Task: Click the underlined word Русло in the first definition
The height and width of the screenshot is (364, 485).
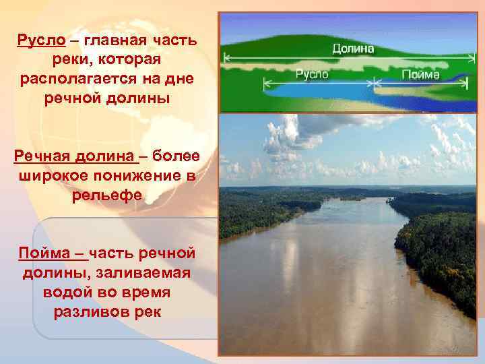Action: tap(41, 40)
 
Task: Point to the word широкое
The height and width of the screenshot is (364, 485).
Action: tap(52, 177)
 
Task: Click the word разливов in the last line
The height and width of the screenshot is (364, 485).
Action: tap(82, 313)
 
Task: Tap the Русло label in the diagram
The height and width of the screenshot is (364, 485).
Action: tap(312, 73)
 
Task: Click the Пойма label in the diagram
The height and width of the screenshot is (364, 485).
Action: tap(422, 73)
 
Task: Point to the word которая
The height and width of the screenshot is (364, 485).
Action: tap(131, 59)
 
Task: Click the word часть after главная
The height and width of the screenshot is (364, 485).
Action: tap(174, 40)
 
